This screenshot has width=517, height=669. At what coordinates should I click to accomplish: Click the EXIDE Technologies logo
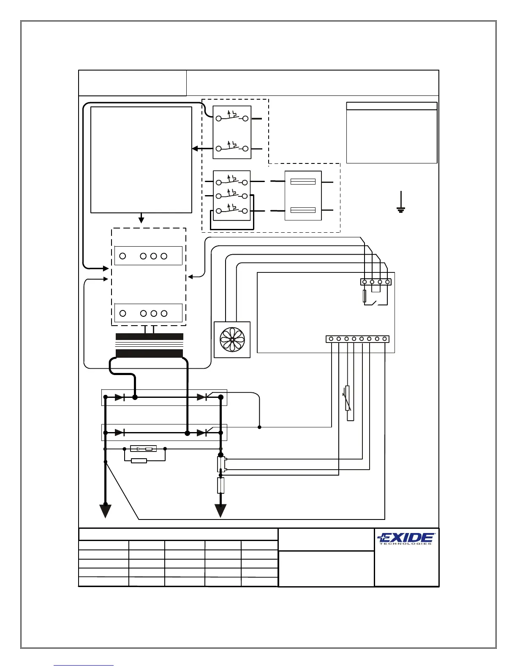point(406,538)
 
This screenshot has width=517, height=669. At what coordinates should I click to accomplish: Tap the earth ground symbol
point(401,202)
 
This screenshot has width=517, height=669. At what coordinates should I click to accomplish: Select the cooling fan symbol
point(232,340)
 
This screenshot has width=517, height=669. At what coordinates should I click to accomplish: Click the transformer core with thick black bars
point(150,345)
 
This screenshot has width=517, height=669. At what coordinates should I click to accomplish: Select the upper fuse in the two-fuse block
point(303,182)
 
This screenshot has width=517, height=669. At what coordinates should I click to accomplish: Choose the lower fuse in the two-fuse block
point(303,210)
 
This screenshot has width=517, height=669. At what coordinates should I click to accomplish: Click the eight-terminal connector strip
point(357,339)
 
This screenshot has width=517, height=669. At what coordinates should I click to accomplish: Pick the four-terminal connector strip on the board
point(376,282)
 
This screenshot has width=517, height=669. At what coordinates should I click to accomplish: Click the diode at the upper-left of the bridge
point(119,397)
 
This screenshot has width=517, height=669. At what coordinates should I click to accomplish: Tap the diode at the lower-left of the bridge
point(119,432)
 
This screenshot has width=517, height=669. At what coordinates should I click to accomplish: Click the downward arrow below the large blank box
point(141,219)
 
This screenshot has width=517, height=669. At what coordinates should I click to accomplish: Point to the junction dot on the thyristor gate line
point(259,427)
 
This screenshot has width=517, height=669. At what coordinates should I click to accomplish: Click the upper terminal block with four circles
point(148,256)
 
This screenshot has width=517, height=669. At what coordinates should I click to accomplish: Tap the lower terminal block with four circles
point(148,313)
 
